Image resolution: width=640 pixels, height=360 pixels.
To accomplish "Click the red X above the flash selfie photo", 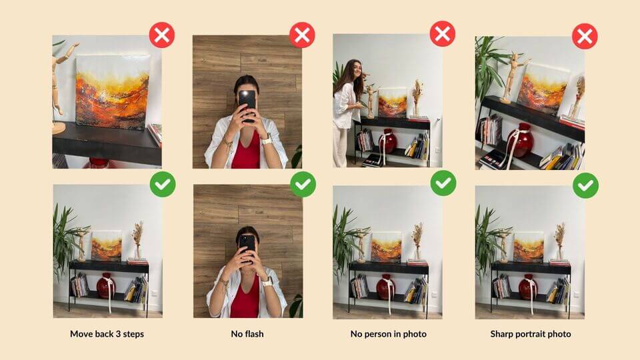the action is (x=302, y=35).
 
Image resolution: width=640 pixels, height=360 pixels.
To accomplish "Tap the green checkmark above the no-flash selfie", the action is (x=303, y=184).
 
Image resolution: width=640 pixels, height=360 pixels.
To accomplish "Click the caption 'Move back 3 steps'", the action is (x=107, y=334).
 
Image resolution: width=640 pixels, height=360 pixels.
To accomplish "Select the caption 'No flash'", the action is (x=247, y=334).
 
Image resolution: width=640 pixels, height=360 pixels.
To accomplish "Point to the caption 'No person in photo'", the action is (x=388, y=334).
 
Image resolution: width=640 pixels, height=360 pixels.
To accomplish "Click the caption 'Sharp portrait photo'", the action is (x=530, y=334).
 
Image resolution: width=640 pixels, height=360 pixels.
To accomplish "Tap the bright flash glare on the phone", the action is (x=246, y=95).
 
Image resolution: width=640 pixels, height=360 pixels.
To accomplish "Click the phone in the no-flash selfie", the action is (x=247, y=247).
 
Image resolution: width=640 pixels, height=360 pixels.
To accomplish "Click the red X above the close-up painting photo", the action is (x=161, y=35).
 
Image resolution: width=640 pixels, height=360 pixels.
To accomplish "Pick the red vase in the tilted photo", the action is (x=521, y=141).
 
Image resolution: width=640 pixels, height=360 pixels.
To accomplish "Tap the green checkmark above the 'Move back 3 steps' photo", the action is (x=163, y=184).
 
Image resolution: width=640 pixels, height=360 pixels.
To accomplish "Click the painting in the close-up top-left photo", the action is (x=113, y=92).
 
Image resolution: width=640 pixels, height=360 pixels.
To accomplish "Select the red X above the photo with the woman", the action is (x=443, y=33).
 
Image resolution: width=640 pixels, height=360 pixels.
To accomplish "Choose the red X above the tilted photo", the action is (x=585, y=36).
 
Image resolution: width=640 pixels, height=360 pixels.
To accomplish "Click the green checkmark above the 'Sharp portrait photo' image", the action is (x=585, y=185).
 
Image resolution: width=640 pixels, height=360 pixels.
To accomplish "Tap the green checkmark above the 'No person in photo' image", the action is (x=443, y=183).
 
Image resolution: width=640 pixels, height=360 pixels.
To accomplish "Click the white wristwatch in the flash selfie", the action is (x=266, y=140).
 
